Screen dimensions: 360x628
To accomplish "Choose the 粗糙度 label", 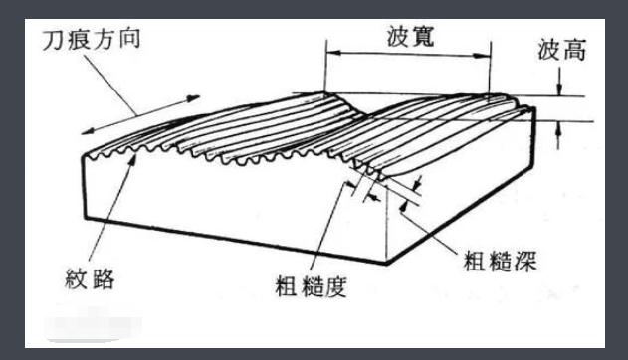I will (x=309, y=289).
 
